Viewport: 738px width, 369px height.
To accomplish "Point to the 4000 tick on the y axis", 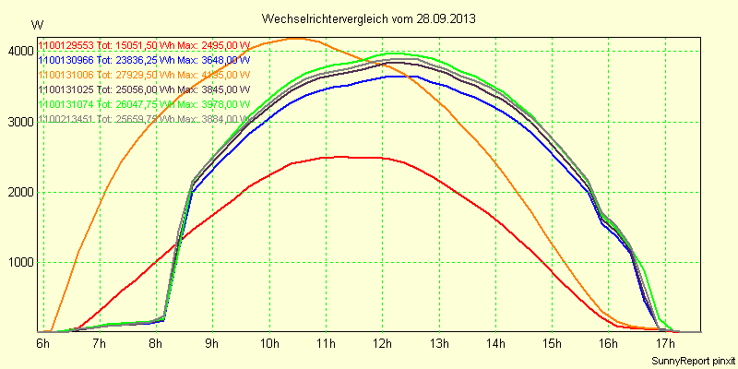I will [18, 52].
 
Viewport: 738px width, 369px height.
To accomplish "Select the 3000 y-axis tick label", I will [18, 122].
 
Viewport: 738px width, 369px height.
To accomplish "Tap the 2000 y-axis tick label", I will [18, 192].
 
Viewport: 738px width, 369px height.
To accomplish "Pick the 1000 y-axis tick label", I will [18, 262].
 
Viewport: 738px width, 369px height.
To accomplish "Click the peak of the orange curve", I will [295, 39].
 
